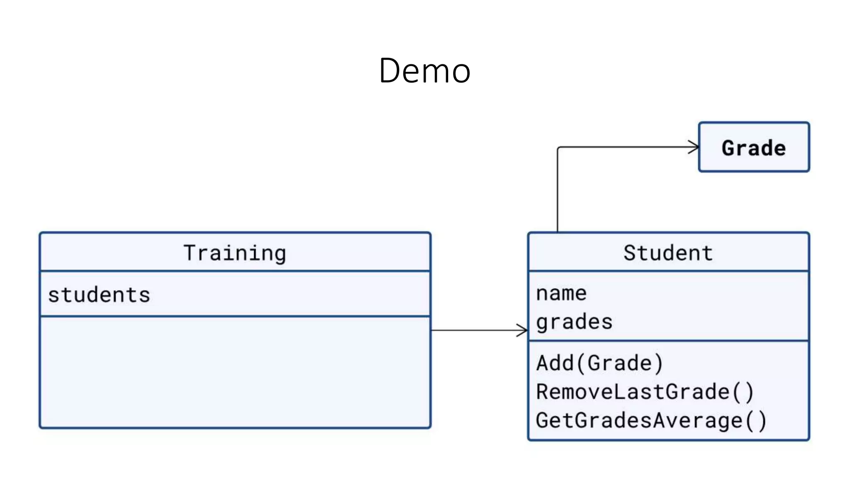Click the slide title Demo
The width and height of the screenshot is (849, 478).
[x=424, y=71]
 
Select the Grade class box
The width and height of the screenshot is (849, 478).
[x=754, y=147]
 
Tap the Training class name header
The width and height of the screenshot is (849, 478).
[x=235, y=253]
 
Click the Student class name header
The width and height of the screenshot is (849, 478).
[x=668, y=253]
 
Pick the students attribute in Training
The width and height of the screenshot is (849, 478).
[x=99, y=295]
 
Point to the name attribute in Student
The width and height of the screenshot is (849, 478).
[x=561, y=293]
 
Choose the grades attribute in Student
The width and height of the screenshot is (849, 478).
[x=574, y=322]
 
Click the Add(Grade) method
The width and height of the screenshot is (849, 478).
[x=599, y=363]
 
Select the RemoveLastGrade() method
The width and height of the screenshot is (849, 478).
[x=645, y=392]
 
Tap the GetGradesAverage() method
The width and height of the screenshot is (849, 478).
[x=651, y=421]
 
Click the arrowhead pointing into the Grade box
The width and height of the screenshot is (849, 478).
[x=694, y=147]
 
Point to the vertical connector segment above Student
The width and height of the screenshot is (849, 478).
[x=558, y=191]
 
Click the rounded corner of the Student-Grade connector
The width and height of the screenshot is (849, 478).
[x=559, y=148]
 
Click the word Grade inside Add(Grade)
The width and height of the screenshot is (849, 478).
[x=620, y=363]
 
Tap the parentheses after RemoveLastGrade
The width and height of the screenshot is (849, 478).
[x=743, y=392]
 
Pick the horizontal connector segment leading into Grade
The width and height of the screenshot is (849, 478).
[x=626, y=147]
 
